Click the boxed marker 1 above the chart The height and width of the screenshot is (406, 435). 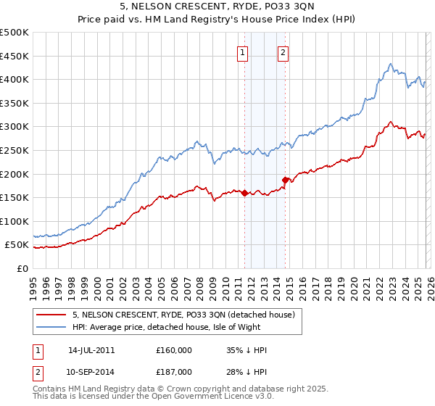pos(242,51)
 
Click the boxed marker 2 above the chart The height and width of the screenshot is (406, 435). pos(283,51)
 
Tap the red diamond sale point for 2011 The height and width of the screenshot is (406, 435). pos(244,193)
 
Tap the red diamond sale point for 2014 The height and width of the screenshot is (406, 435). pos(285,180)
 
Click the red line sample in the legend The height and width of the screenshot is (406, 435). pos(51,315)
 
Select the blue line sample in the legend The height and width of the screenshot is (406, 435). pos(51,327)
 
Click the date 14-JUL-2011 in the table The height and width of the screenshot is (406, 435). pos(91,350)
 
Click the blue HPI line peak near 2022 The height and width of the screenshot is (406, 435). pos(390,64)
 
